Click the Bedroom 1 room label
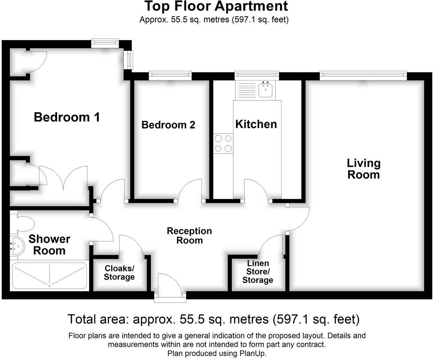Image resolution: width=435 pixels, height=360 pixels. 67,117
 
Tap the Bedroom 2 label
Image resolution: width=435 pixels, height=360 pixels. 168,125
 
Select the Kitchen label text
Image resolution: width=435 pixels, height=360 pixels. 256,124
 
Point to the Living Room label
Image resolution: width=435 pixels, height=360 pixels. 363,169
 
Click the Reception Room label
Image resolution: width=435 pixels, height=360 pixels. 189,236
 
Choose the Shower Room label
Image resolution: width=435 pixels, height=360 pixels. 49,245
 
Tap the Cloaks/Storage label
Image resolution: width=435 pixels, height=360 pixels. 119,273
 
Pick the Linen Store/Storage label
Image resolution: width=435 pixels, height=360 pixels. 258,272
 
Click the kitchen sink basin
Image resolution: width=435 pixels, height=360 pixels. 266,91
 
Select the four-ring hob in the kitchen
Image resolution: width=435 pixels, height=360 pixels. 223,143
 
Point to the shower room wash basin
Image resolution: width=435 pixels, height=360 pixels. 16,246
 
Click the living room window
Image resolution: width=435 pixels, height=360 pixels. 363,75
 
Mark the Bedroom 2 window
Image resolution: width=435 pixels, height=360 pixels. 170,75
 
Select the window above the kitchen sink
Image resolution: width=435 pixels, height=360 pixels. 257,75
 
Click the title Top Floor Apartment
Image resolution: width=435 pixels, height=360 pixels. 216,6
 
